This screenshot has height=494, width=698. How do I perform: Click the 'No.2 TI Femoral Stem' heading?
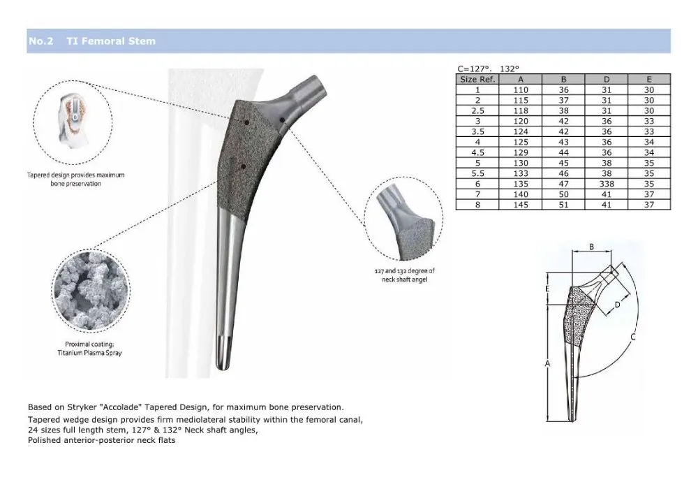pyautogui.click(x=91, y=41)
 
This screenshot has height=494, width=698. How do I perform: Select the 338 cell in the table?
pyautogui.click(x=607, y=184)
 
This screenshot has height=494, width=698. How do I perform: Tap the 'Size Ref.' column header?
pyautogui.click(x=477, y=79)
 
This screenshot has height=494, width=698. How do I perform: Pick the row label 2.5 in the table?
pyautogui.click(x=477, y=110)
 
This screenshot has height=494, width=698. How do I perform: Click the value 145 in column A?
pyautogui.click(x=521, y=205)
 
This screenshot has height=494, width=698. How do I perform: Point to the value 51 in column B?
pyautogui.click(x=563, y=205)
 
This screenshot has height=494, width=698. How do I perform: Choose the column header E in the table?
pyautogui.click(x=649, y=79)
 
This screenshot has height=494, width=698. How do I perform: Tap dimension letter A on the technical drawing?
pyautogui.click(x=547, y=364)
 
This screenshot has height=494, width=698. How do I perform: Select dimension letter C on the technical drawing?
pyautogui.click(x=632, y=337)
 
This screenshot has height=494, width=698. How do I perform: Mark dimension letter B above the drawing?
pyautogui.click(x=591, y=247)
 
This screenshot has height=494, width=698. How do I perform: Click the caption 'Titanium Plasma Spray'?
pyautogui.click(x=90, y=354)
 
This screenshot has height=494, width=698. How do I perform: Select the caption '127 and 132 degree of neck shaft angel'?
pyautogui.click(x=404, y=275)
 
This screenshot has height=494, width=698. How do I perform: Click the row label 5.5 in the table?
pyautogui.click(x=477, y=173)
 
